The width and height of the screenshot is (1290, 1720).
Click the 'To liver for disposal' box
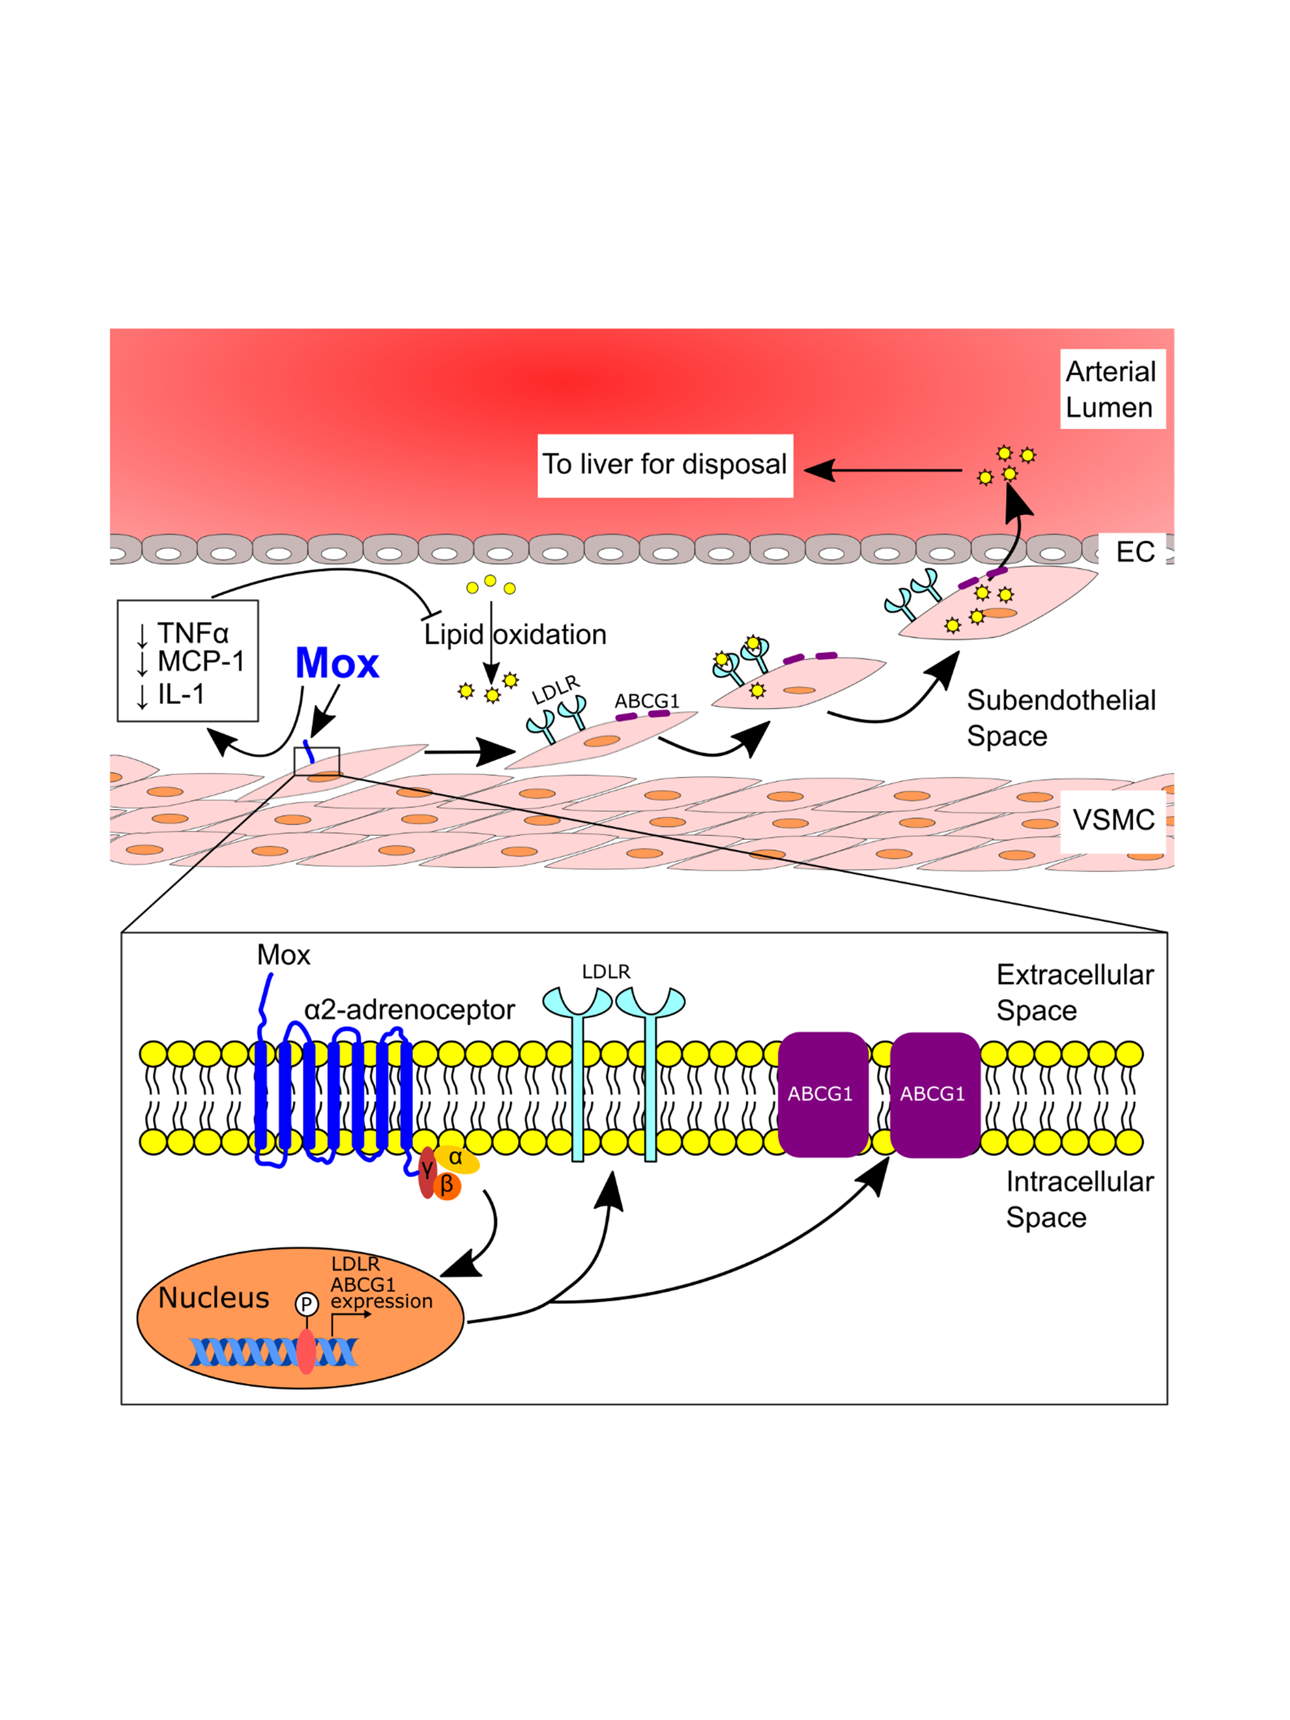[665, 465]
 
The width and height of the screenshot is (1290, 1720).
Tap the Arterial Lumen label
[1112, 389]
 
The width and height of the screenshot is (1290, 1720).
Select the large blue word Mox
[337, 663]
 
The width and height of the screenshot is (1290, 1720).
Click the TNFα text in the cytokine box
[193, 633]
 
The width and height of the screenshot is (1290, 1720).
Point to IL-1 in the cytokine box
[181, 694]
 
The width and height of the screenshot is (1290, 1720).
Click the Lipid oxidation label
[515, 635]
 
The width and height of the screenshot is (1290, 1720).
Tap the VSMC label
[1113, 819]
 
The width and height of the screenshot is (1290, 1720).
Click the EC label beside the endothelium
[1135, 552]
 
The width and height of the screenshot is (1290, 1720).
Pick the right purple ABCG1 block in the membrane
[934, 1094]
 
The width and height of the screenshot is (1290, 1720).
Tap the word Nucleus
[214, 1298]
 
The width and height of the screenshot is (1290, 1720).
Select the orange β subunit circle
[447, 1186]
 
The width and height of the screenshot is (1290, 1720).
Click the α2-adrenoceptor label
[409, 1009]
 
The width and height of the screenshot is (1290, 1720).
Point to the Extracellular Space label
[1074, 992]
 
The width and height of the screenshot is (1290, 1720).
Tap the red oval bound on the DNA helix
[306, 1351]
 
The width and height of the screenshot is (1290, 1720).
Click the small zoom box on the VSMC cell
[316, 761]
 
